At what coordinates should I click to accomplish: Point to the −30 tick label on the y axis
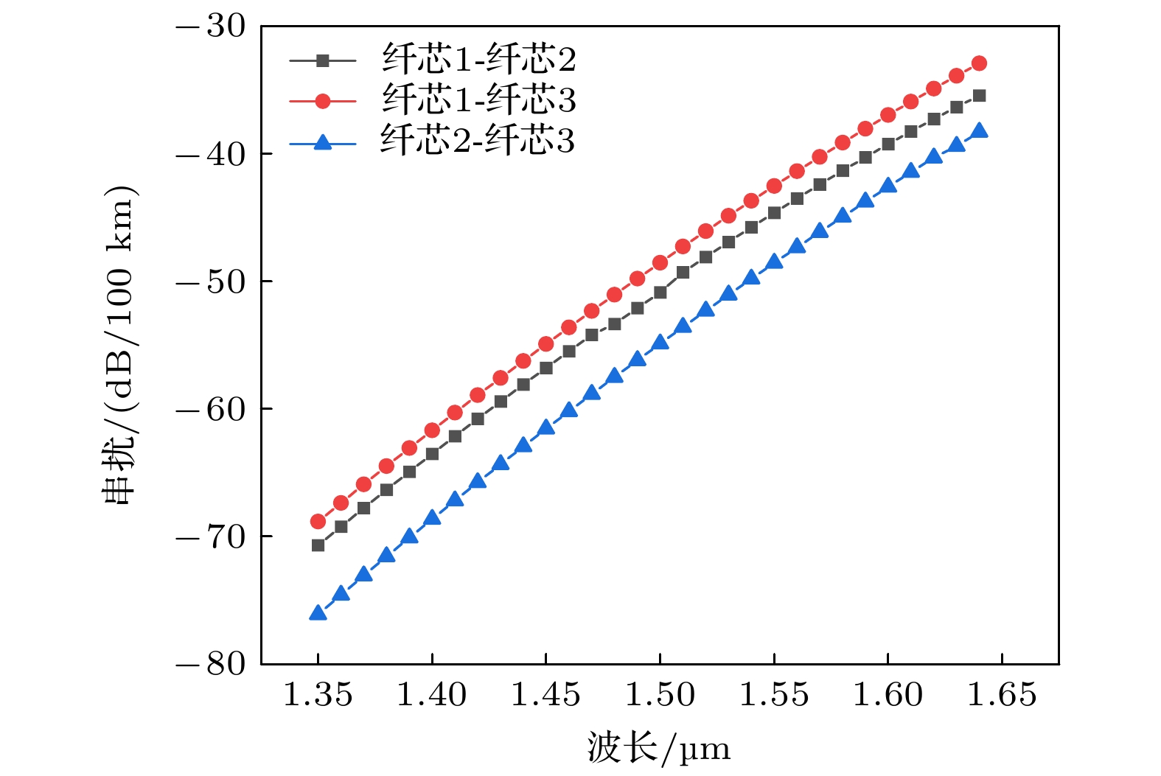click(x=211, y=27)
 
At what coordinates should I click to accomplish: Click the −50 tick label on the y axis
click(x=211, y=282)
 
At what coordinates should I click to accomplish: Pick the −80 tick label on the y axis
click(x=211, y=664)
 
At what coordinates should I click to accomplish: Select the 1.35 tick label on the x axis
click(x=318, y=695)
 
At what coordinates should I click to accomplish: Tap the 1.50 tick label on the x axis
click(x=660, y=695)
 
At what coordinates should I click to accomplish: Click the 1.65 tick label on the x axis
click(x=1001, y=695)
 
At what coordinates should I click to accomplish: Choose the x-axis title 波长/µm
click(x=659, y=749)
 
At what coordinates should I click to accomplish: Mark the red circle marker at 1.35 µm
click(x=318, y=522)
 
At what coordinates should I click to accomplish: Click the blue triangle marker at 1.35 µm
click(x=318, y=612)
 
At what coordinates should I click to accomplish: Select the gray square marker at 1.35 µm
click(x=318, y=545)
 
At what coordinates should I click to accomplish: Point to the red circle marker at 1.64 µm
click(x=979, y=63)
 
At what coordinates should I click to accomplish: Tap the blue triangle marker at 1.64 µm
click(x=979, y=131)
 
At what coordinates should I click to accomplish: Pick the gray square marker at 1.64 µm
click(x=979, y=96)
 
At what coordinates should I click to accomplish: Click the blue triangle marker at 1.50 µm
click(x=660, y=342)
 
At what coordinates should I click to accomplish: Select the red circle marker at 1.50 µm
click(x=660, y=263)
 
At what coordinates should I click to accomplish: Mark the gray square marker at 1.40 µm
click(x=432, y=454)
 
